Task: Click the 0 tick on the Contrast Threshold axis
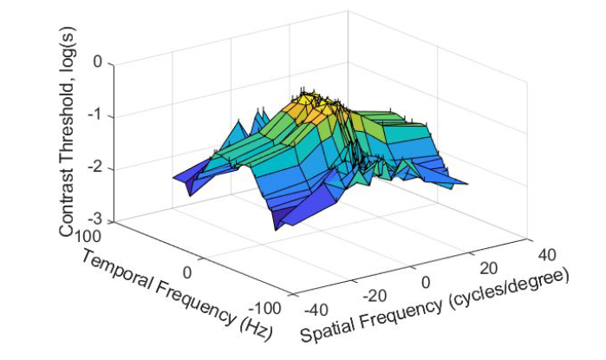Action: (x=96, y=62)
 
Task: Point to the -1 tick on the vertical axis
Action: (x=94, y=115)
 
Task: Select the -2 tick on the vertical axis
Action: (x=94, y=167)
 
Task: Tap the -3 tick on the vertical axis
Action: (x=94, y=220)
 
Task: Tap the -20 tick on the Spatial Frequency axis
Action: (x=372, y=295)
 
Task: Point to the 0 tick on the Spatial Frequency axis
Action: (x=425, y=282)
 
